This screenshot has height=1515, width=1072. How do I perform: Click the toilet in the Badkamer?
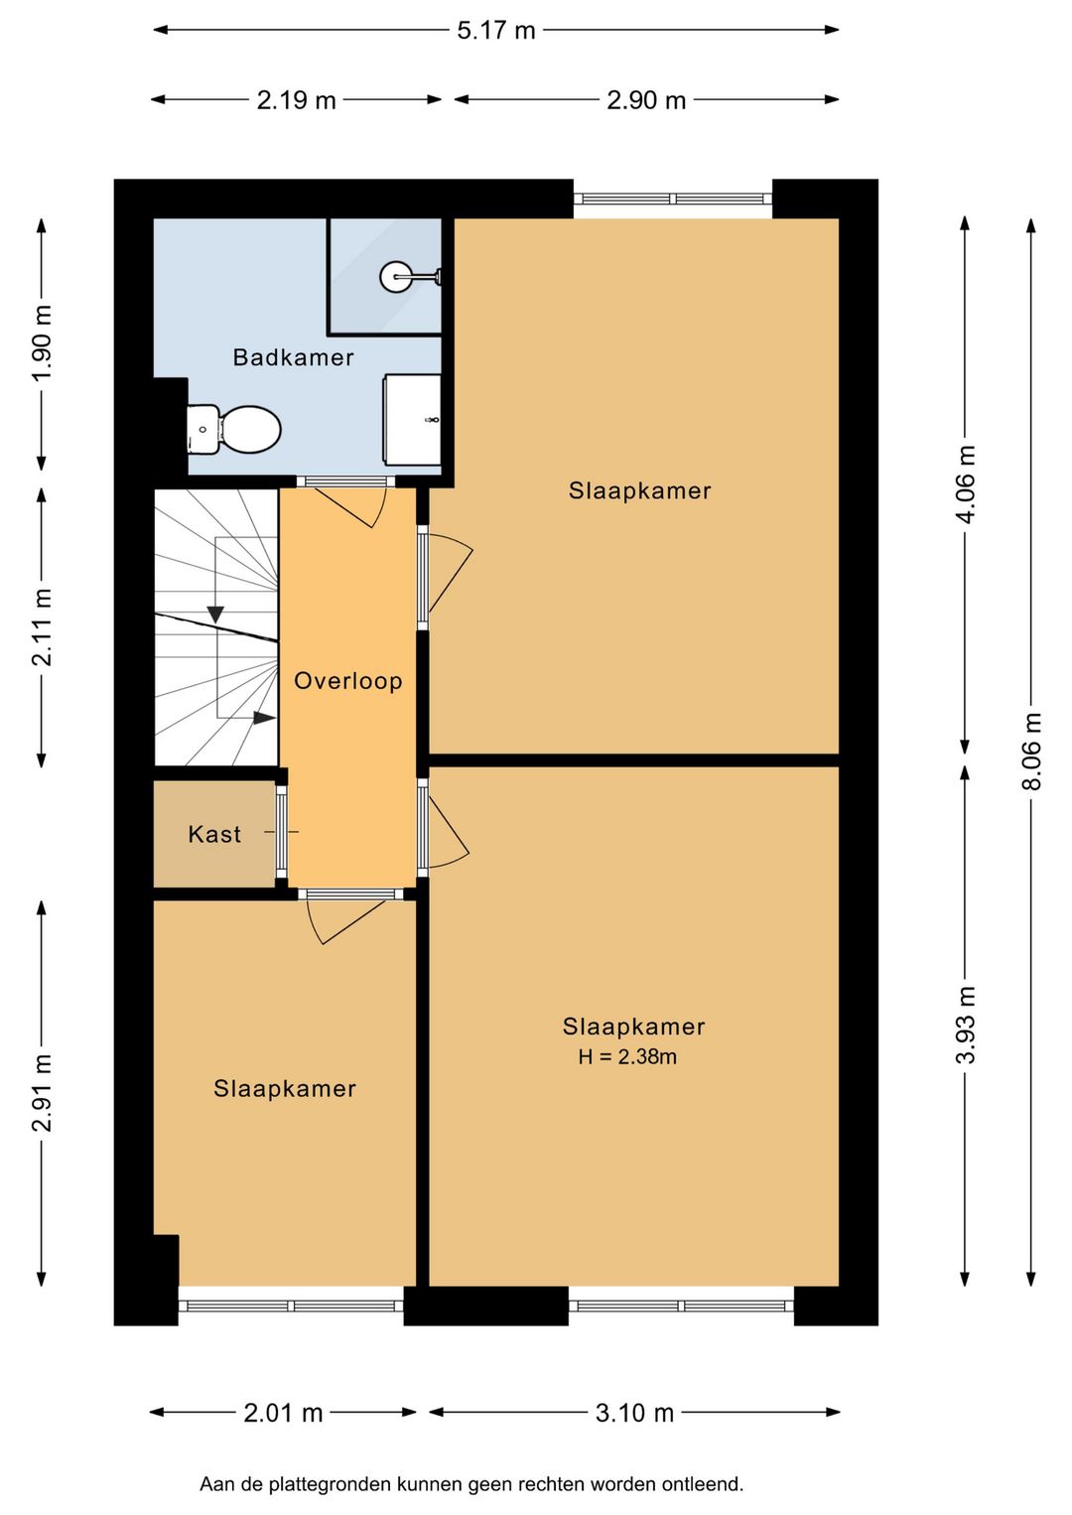click(x=234, y=430)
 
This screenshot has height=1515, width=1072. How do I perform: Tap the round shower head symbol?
click(x=394, y=276)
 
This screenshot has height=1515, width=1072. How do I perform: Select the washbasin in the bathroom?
click(x=413, y=420)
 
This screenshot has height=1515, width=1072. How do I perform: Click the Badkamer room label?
click(x=293, y=357)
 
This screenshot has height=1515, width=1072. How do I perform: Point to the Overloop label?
click(x=347, y=680)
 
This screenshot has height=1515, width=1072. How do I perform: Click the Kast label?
click(x=213, y=834)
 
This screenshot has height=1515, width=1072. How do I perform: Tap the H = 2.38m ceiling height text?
click(x=627, y=1056)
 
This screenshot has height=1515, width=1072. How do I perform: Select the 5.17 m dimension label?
click(x=495, y=31)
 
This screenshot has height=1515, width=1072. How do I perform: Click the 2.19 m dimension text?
click(x=296, y=100)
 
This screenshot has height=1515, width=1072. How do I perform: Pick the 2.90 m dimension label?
click(x=646, y=100)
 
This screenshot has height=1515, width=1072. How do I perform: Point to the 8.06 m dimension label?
click(x=1032, y=751)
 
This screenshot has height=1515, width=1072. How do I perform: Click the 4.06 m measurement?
click(x=966, y=484)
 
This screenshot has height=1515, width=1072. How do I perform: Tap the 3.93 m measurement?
click(x=966, y=1025)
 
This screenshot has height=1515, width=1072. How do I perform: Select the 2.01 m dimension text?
click(x=284, y=1413)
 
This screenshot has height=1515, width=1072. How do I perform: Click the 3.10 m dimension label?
click(x=634, y=1413)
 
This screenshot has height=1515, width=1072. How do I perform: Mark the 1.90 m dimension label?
click(x=42, y=344)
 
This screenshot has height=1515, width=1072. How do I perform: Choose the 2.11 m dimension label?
click(x=42, y=627)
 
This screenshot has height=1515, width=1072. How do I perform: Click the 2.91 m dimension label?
click(x=42, y=1093)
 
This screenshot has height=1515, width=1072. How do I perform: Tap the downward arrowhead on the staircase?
click(x=215, y=615)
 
